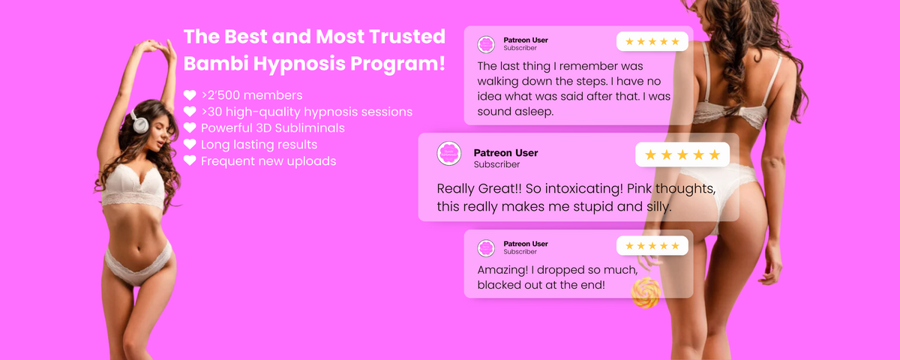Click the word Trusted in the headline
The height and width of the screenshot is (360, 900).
(x=407, y=37)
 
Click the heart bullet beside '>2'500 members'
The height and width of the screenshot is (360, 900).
(x=190, y=95)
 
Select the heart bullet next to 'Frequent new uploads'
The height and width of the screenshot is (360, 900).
(x=190, y=160)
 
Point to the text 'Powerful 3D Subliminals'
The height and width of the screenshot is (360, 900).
(x=273, y=128)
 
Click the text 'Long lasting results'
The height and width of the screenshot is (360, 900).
(x=259, y=145)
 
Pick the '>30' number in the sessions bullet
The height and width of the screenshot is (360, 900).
(x=211, y=112)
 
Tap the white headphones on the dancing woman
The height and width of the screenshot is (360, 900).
(x=139, y=121)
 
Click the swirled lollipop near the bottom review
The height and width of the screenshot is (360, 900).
(x=646, y=292)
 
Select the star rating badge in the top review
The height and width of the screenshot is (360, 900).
(x=652, y=41)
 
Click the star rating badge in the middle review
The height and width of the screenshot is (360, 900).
(x=682, y=154)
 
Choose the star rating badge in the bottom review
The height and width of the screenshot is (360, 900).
(x=652, y=245)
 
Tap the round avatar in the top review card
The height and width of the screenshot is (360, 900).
(x=486, y=44)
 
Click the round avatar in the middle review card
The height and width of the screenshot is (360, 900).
(x=449, y=153)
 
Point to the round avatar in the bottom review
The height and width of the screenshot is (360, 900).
(x=486, y=248)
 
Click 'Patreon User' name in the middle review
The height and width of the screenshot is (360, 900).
(x=505, y=153)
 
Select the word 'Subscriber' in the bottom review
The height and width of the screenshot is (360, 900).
(x=520, y=251)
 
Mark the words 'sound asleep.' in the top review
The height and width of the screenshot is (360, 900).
(x=515, y=112)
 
